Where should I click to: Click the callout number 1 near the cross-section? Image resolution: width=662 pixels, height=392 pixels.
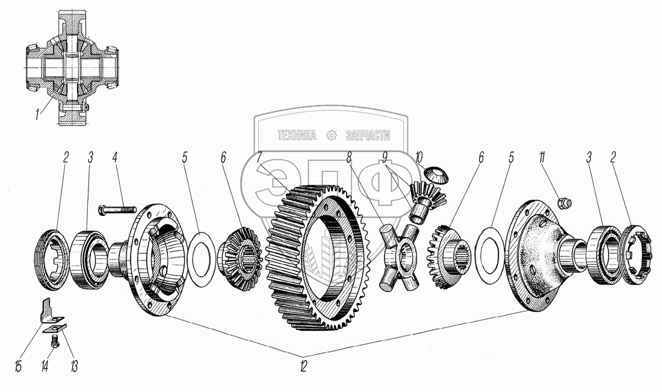(38, 114)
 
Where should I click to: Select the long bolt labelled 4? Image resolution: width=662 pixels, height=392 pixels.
(117, 209)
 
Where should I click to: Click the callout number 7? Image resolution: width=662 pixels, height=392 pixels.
(259, 158)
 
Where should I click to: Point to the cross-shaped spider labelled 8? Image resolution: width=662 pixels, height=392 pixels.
(399, 259)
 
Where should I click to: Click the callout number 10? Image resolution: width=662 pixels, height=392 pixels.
(418, 158)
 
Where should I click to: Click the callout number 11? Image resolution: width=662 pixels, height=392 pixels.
(542, 158)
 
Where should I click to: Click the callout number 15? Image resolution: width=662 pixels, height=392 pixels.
(18, 366)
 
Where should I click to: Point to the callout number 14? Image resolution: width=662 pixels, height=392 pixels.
(45, 366)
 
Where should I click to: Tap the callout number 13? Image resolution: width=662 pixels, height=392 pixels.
(74, 366)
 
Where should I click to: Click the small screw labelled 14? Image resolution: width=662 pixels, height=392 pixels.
(54, 340)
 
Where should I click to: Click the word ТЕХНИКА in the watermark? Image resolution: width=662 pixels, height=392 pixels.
(296, 135)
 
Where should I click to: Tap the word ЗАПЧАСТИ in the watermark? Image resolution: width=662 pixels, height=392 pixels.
(368, 135)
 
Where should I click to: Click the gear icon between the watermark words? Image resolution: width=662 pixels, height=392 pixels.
(332, 135)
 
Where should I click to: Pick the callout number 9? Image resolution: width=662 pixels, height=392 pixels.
(385, 158)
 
